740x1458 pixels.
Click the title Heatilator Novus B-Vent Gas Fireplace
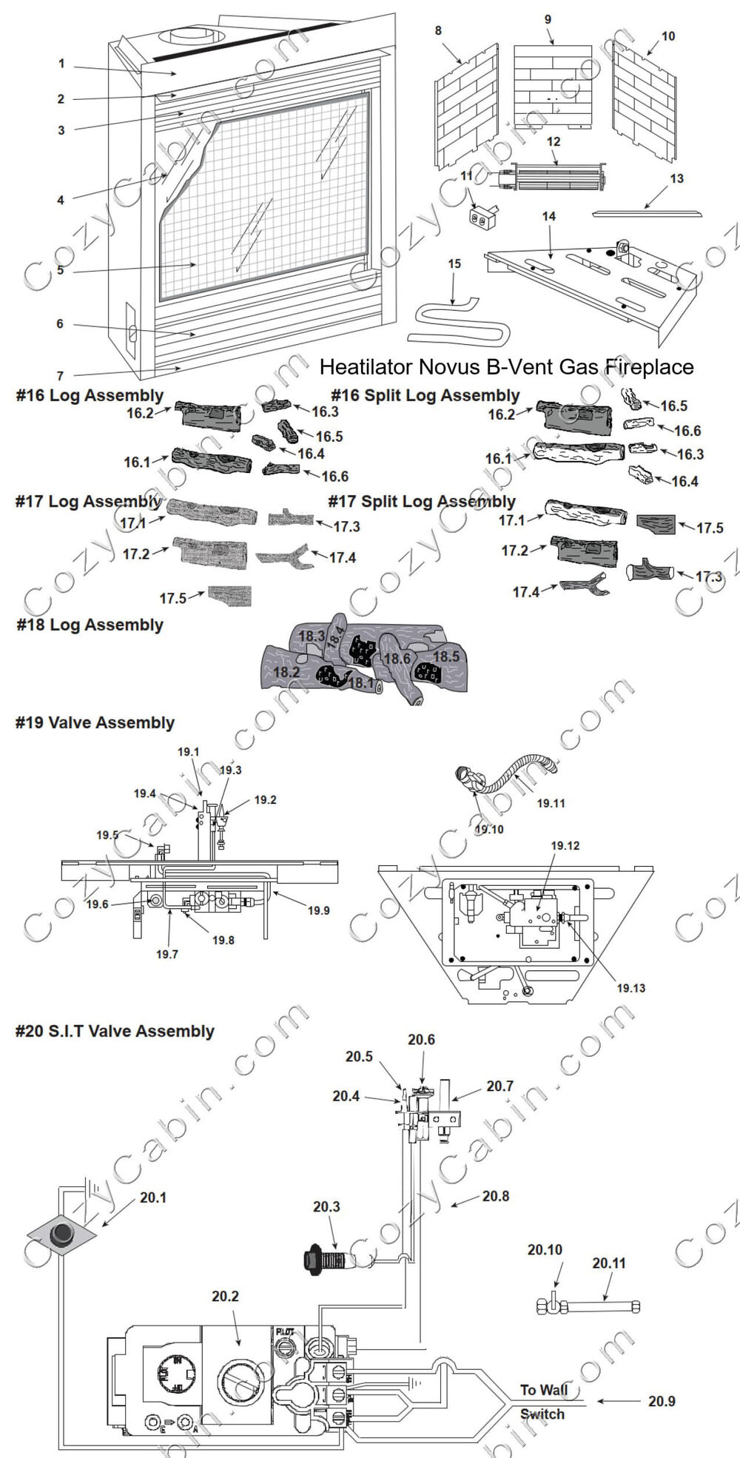pos(506,367)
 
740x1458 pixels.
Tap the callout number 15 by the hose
pos(454,263)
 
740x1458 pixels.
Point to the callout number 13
pos(676,178)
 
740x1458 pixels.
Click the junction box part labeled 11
pos(482,216)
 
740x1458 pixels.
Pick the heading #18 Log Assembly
pos(90,625)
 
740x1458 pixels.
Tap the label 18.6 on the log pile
pos(397,659)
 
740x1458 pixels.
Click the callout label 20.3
pos(326,1207)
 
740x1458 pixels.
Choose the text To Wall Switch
pos(543,1402)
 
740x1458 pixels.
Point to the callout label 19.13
pos(630,988)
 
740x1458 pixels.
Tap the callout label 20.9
pos(661,1401)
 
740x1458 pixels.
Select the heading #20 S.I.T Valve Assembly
pos(115,1031)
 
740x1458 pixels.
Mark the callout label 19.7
pos(166,954)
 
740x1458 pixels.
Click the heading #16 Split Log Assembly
pos(425,396)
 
